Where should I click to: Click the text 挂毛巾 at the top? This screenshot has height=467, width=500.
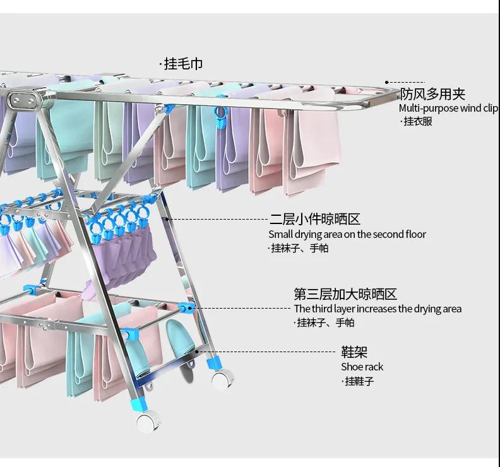coord(183,64)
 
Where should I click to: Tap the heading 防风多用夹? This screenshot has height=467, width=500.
coord(432,94)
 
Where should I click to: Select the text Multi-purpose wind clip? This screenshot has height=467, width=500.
coord(449,108)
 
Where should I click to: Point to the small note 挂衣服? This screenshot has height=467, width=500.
coord(419,121)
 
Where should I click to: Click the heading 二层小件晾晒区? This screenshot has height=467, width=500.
coord(314,220)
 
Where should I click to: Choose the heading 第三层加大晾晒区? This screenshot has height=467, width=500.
coord(345,294)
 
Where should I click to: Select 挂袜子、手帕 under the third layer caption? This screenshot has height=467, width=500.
coord(326,322)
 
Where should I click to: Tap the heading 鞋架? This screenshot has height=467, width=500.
coord(354,352)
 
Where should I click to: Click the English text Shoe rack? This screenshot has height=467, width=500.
coord(362,367)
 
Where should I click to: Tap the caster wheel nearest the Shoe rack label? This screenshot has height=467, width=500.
coord(220,378)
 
